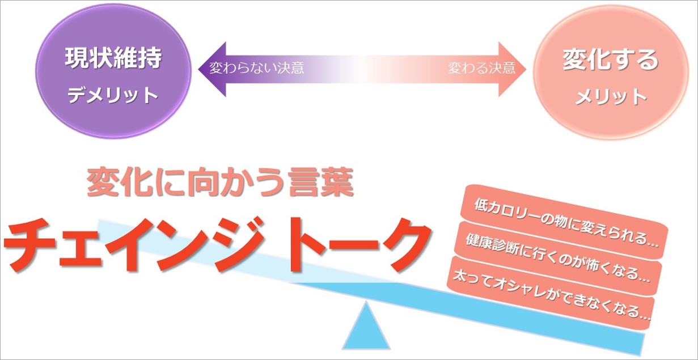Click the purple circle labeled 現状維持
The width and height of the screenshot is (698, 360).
tap(113, 71)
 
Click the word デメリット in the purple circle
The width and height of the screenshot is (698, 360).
tap(113, 95)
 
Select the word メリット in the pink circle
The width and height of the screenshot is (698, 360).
tap(611, 97)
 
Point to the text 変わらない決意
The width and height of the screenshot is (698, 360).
tap(256, 68)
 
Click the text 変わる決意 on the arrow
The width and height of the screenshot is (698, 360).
tap(482, 68)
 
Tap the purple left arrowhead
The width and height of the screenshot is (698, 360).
tap(213, 69)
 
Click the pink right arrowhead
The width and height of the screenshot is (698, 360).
tap(512, 69)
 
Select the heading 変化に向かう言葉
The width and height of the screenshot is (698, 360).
tap(220, 183)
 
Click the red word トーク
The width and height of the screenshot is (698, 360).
tap(352, 246)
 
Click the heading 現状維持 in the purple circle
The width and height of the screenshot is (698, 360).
tap(113, 58)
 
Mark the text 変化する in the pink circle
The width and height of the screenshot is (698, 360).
tap(610, 60)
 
